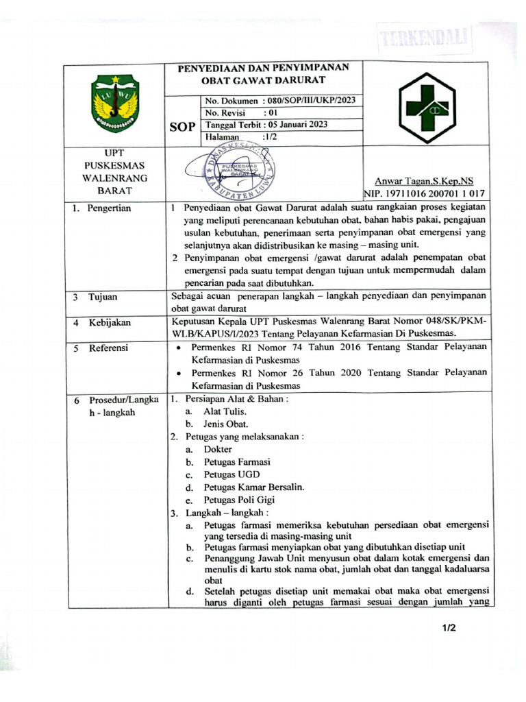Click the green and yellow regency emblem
pyautogui.click(x=116, y=104)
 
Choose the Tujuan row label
pyautogui.click(x=103, y=297)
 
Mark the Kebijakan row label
pyautogui.click(x=108, y=322)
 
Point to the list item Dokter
pyautogui.click(x=218, y=449)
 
